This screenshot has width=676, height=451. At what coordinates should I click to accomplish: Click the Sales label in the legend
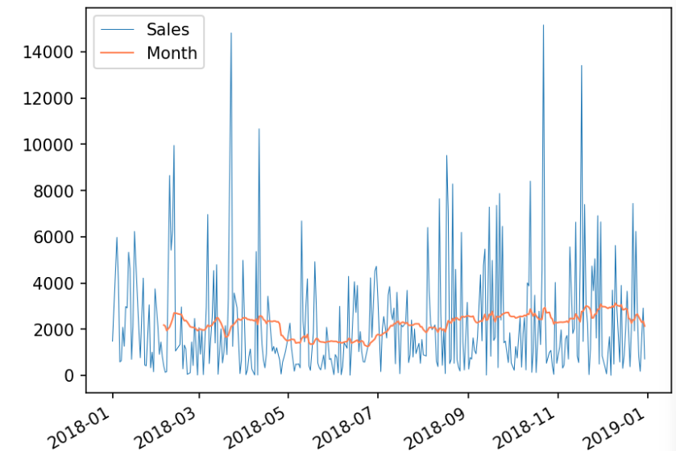[168, 30]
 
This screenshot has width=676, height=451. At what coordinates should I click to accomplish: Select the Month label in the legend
[172, 53]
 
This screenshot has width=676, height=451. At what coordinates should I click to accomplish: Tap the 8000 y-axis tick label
[55, 191]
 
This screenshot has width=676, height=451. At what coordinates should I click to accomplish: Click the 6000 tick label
[55, 237]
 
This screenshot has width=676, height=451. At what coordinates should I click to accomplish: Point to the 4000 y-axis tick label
[55, 283]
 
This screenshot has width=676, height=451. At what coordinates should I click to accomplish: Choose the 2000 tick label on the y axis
[55, 329]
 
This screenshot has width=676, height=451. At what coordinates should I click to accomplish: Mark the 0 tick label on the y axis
[69, 375]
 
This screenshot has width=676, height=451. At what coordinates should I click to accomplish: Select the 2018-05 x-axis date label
[257, 424]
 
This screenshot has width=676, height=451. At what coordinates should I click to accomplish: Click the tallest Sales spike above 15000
[543, 26]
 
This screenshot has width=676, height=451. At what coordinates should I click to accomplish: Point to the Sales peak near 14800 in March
[231, 34]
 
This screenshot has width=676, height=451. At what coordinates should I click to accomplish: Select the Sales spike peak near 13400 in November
[581, 66]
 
